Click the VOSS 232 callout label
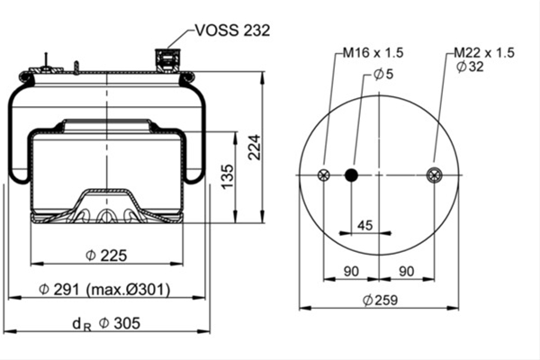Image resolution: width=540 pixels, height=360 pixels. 232,31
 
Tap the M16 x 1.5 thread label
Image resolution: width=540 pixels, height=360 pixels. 373,53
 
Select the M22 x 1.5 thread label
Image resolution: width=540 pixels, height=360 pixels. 484,53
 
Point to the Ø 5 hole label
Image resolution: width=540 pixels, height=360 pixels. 383,74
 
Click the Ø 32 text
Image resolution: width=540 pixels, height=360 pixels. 470,66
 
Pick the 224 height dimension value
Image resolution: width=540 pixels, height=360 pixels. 255,147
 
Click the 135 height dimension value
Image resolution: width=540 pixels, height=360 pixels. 228,176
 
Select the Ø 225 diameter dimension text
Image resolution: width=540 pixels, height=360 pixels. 106,256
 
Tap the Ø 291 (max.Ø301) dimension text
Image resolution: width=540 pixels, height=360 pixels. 104,290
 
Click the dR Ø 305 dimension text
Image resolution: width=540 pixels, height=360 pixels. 106,324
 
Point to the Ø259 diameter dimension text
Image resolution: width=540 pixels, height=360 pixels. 380,300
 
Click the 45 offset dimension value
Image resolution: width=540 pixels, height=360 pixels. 365,225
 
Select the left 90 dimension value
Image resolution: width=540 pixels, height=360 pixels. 351,272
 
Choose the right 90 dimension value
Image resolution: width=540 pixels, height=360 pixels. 407,272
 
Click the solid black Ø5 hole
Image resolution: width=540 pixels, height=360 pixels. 351,175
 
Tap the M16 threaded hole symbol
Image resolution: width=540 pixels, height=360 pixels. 323,175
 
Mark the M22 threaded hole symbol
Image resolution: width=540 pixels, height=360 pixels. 434,175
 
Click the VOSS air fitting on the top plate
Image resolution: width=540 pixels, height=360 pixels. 167,60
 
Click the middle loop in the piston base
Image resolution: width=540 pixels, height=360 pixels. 106,216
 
